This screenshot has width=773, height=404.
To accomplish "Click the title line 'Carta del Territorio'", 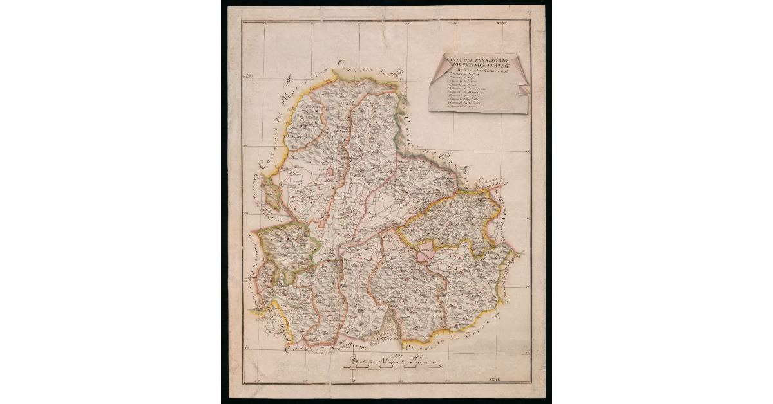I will (475, 60).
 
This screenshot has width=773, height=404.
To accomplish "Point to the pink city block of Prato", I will (331, 172).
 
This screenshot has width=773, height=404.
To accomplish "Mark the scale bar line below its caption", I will (393, 369).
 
